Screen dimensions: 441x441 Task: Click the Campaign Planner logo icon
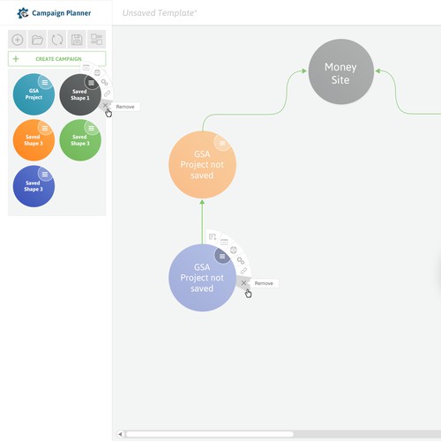point(23,13)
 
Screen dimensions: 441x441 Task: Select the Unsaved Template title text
point(160,13)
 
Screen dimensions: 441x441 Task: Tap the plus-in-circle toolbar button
point(18,40)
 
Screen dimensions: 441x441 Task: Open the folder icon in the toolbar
point(37,40)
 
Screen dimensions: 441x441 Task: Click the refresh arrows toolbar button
point(57,40)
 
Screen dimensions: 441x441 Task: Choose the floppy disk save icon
point(77,40)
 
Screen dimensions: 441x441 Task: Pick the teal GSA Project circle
point(34,94)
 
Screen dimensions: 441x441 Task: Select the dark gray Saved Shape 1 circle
point(80,94)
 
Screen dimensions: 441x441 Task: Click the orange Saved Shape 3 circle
point(34,140)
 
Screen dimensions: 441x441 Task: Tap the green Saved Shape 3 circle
point(80,140)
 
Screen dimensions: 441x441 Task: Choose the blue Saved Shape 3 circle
point(34,186)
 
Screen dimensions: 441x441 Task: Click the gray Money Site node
point(341,71)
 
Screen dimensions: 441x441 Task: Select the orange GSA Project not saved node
point(202,165)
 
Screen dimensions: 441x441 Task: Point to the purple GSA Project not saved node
point(202,278)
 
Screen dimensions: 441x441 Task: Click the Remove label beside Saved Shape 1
point(125,107)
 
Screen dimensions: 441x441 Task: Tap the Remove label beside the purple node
point(264,283)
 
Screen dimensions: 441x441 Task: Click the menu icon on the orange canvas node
point(222,143)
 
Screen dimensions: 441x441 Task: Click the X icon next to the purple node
point(243,283)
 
